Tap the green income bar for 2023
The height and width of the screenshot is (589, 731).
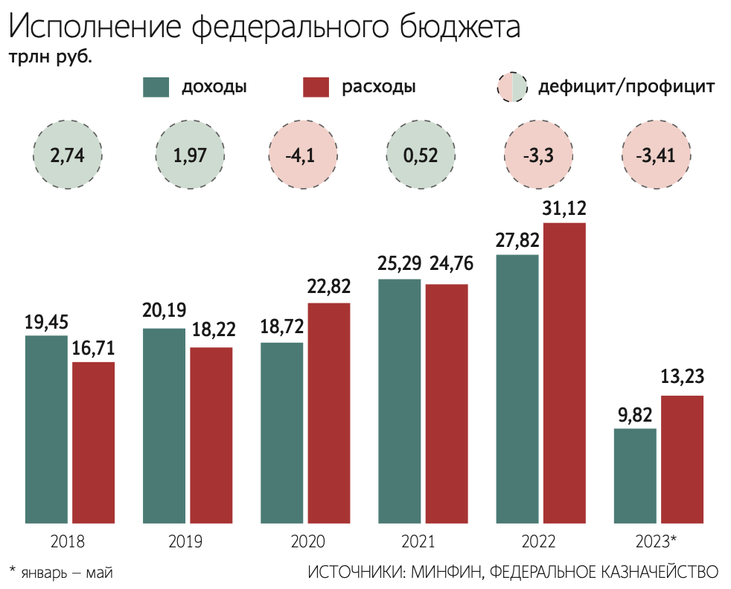[x=635, y=476]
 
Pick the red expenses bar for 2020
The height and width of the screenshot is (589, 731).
[x=328, y=413]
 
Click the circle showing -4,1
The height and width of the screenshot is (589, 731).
[x=304, y=156]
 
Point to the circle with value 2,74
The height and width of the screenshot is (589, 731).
[x=68, y=156]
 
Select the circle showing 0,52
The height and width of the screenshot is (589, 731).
[x=421, y=156]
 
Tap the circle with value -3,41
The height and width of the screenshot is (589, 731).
[x=657, y=156]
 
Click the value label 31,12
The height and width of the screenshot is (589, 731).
[x=564, y=208]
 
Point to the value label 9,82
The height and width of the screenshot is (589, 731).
[x=635, y=414]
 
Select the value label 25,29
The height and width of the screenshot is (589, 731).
[x=399, y=264]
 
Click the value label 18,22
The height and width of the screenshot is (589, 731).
[x=211, y=332]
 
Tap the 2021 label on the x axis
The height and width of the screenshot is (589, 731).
[x=422, y=541]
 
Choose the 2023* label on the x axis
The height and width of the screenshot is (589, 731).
[x=657, y=541]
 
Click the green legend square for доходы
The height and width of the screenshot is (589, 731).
[x=156, y=87]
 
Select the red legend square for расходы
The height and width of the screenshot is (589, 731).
[x=316, y=87]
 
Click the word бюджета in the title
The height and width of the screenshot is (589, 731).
[x=446, y=28]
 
